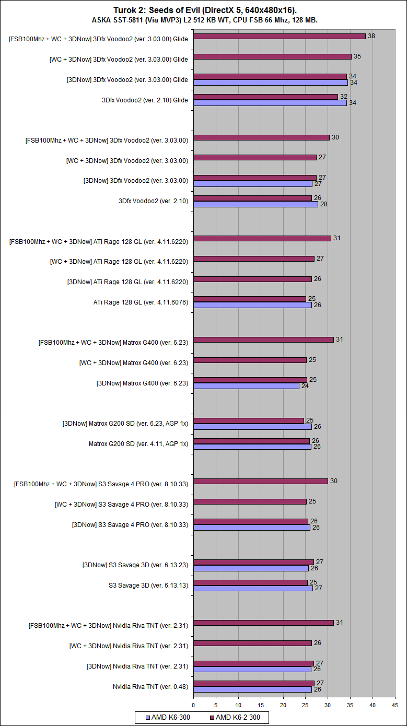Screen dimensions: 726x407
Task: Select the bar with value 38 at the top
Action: [279, 36]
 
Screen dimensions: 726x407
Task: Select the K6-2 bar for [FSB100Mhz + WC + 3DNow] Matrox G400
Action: [263, 339]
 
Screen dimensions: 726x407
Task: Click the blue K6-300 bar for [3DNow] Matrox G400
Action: [246, 386]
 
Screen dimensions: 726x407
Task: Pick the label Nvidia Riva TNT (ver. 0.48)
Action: [150, 686]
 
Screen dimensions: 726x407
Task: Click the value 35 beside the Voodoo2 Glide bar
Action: [357, 56]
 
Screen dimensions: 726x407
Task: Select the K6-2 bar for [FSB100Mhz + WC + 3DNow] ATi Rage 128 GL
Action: [262, 238]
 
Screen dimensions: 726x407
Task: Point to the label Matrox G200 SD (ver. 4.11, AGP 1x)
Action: [138, 443]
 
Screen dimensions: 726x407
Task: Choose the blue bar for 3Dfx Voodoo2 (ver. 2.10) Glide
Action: [270, 103]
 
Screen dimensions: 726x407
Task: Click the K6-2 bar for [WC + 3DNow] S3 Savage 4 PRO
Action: [250, 501]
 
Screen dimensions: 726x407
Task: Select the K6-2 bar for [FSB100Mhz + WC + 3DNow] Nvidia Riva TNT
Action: [263, 623]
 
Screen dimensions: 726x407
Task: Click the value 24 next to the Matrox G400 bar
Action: [305, 386]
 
